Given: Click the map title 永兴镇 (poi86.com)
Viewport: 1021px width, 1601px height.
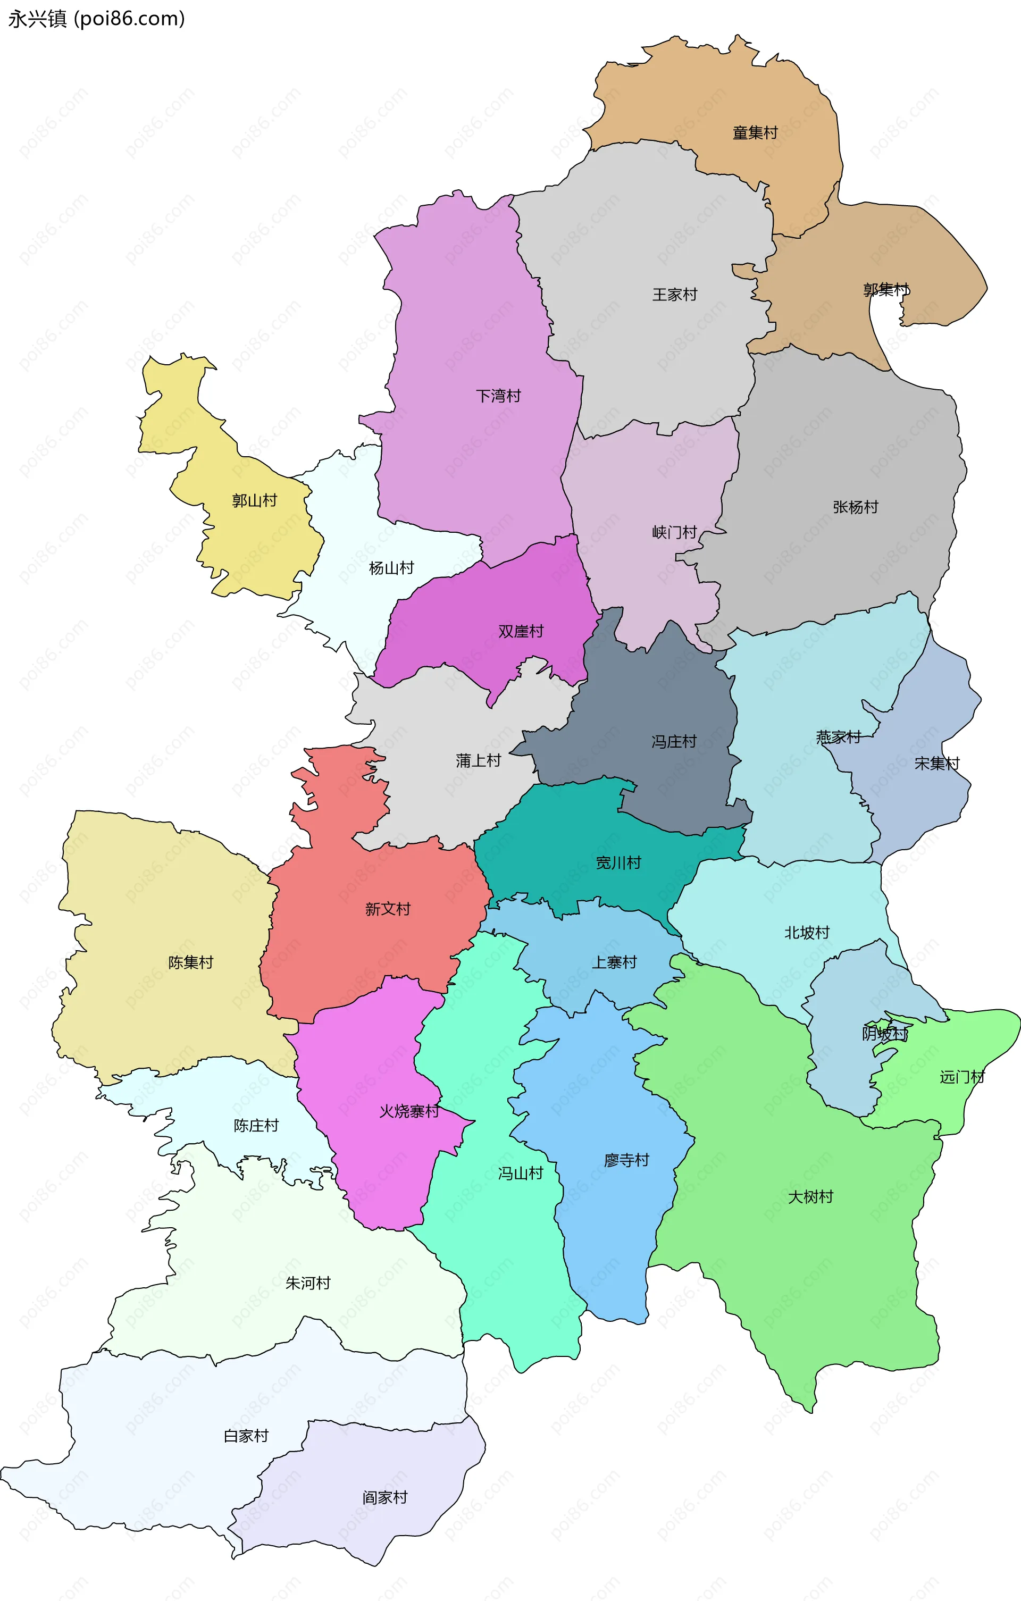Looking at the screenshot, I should [96, 19].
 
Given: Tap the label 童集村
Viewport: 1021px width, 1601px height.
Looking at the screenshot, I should [755, 133].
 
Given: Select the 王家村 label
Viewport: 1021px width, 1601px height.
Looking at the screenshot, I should [674, 295].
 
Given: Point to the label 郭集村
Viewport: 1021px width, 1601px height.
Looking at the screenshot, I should [885, 290].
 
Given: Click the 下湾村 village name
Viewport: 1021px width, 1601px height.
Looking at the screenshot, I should [498, 396].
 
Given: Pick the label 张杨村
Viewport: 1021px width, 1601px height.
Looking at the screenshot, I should [856, 507].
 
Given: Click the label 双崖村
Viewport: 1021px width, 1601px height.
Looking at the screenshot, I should [521, 631].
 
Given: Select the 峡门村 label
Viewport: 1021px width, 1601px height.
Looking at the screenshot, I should [674, 532].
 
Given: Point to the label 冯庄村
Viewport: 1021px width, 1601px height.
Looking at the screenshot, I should [674, 741].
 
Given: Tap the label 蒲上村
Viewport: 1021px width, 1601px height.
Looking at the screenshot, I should [478, 760].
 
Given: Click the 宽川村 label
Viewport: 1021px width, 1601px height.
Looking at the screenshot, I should [618, 863].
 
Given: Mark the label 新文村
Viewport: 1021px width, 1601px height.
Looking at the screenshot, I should [388, 909].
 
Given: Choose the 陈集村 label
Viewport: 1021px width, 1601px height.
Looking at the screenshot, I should [190, 962].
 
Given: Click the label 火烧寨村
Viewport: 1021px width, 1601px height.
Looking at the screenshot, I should [408, 1111].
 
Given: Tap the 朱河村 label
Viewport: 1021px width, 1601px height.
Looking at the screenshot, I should [308, 1283].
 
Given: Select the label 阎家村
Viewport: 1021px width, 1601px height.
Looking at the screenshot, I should [384, 1497].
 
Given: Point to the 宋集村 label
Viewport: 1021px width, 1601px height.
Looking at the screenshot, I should [936, 763].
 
